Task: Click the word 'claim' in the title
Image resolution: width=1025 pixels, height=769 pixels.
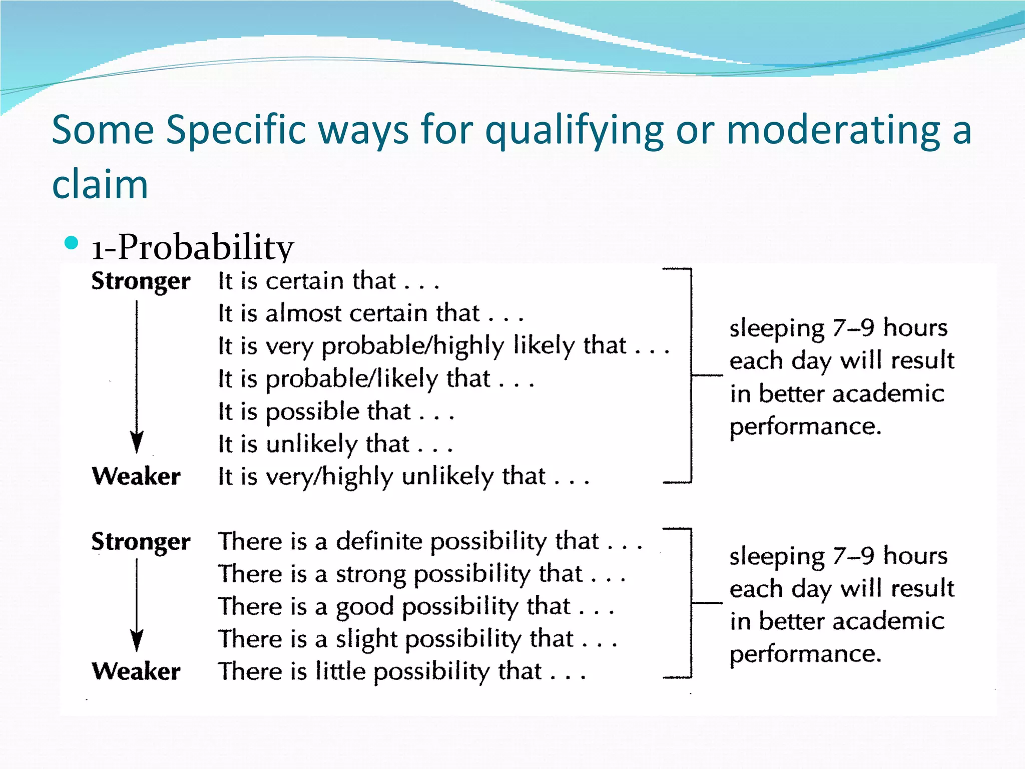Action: point(100,184)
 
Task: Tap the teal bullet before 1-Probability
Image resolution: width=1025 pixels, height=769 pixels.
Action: point(72,243)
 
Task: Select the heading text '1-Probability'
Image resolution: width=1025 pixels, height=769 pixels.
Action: point(193,247)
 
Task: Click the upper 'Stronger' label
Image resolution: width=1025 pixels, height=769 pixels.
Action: point(141,281)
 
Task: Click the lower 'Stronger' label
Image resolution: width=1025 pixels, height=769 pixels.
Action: point(141,541)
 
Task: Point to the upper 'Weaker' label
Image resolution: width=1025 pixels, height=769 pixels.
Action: point(136,476)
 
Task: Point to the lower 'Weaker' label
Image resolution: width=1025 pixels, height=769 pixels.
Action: point(136,671)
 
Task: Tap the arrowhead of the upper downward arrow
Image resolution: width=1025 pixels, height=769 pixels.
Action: point(137,442)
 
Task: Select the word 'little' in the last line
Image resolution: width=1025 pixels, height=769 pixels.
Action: point(340,671)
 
